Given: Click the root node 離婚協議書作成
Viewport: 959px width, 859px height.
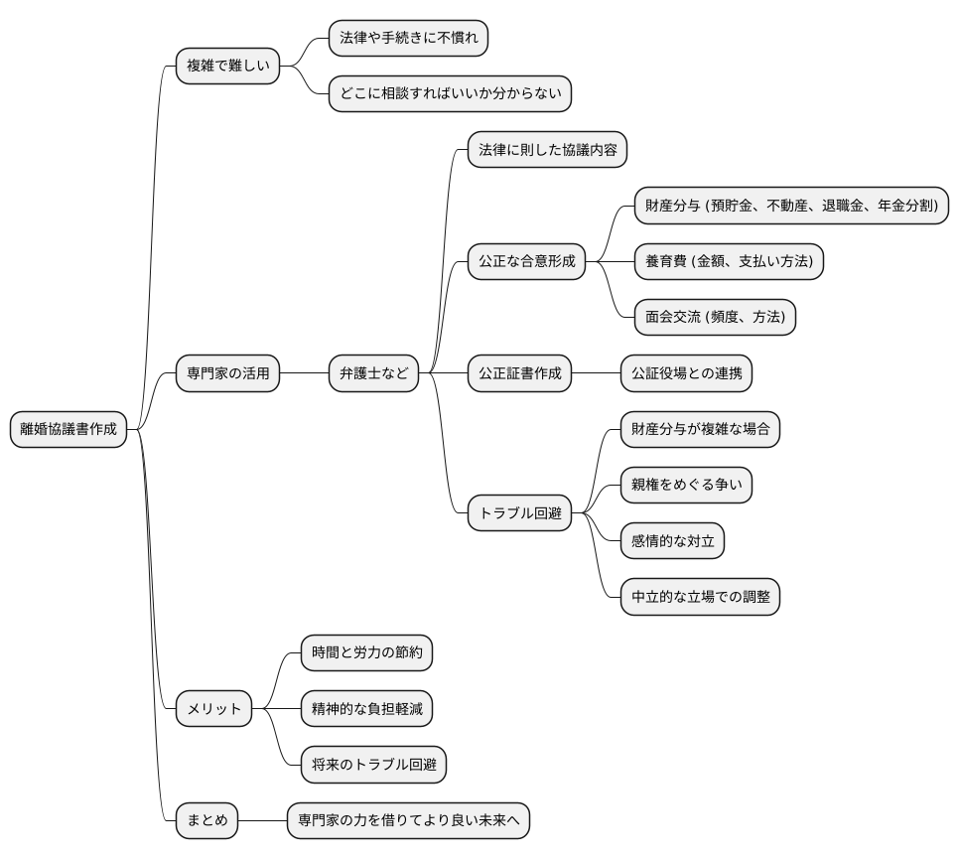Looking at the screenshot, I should [x=68, y=429].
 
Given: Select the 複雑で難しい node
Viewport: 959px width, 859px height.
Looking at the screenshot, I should [x=227, y=67].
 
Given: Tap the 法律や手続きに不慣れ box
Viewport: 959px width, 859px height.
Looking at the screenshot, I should [x=408, y=39].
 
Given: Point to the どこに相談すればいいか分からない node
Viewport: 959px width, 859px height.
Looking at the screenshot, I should [x=450, y=94].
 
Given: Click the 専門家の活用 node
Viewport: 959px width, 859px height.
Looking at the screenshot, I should [x=227, y=373].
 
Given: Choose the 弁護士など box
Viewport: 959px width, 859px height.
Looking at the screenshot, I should [x=374, y=373].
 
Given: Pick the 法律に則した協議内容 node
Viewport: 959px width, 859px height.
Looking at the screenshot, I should [x=546, y=150].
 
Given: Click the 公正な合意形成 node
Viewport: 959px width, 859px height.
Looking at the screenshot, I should [x=526, y=262].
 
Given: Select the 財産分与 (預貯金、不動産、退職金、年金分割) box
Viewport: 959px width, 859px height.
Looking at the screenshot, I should [x=791, y=207].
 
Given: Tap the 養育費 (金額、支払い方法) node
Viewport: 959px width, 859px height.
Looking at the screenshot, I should [x=729, y=262].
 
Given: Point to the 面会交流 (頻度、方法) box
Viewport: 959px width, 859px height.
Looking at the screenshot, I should [x=715, y=318].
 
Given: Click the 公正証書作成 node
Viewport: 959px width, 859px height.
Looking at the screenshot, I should [x=519, y=373].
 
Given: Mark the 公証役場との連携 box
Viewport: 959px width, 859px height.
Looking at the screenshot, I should [x=686, y=373].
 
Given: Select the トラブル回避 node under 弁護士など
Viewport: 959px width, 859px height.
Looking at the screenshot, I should [x=519, y=513].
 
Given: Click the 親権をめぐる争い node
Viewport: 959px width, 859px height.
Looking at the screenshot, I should [x=686, y=486].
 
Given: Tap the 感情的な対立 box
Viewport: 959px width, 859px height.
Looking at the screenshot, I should [x=672, y=541].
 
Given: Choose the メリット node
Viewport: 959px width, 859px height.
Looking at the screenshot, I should [x=213, y=709].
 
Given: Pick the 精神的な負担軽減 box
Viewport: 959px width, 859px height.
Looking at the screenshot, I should [x=366, y=709].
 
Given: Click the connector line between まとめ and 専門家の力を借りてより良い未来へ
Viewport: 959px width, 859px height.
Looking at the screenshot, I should [x=263, y=821].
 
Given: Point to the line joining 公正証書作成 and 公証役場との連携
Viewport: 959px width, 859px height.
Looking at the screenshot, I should [x=596, y=373].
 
